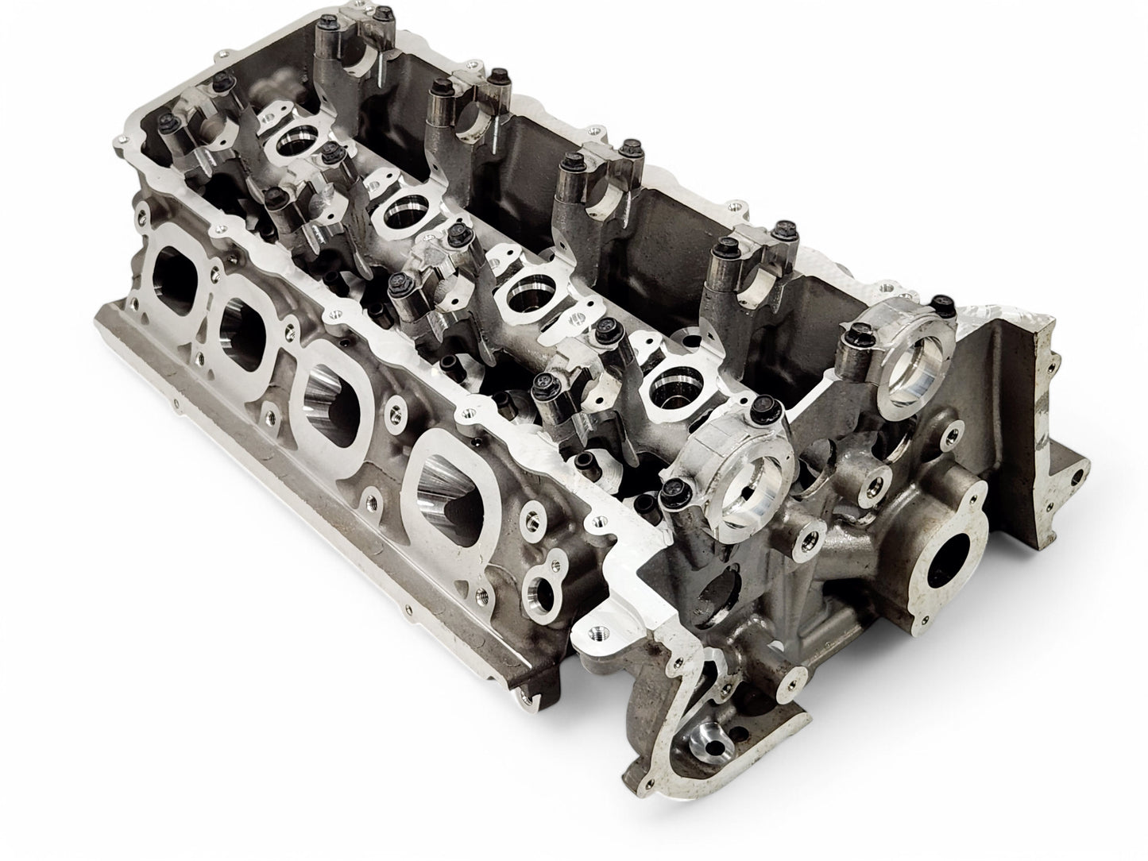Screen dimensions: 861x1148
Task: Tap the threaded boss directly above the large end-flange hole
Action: pos(877,485)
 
